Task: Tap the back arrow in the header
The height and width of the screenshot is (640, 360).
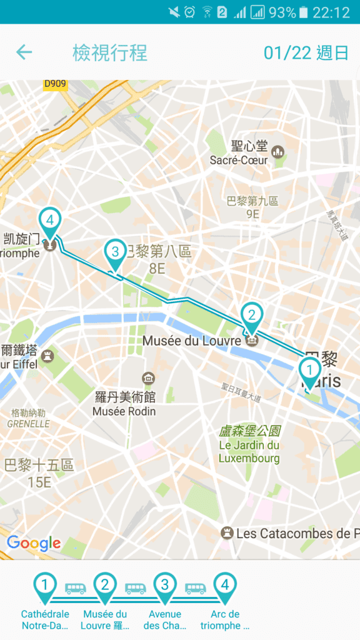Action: click(x=24, y=52)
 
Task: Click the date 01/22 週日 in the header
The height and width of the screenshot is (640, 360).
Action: click(x=306, y=52)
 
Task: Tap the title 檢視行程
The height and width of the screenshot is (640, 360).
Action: click(x=110, y=52)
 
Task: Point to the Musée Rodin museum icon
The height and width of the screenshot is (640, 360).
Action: click(x=149, y=378)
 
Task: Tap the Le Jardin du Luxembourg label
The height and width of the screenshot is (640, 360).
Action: click(x=249, y=445)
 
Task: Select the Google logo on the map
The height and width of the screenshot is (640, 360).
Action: click(x=34, y=542)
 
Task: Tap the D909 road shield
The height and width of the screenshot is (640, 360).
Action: click(x=56, y=83)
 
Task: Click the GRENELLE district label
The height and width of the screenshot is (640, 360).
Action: click(x=29, y=423)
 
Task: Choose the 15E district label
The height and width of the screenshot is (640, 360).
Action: click(x=39, y=482)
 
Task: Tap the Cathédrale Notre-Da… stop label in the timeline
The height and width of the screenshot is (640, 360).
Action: click(x=45, y=619)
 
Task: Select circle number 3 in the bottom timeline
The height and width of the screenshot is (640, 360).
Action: click(x=165, y=585)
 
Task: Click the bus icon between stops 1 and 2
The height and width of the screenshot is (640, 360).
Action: click(x=75, y=589)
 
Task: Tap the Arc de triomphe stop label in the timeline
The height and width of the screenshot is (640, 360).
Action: click(x=225, y=619)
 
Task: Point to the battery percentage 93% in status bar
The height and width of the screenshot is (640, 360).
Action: click(x=282, y=12)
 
